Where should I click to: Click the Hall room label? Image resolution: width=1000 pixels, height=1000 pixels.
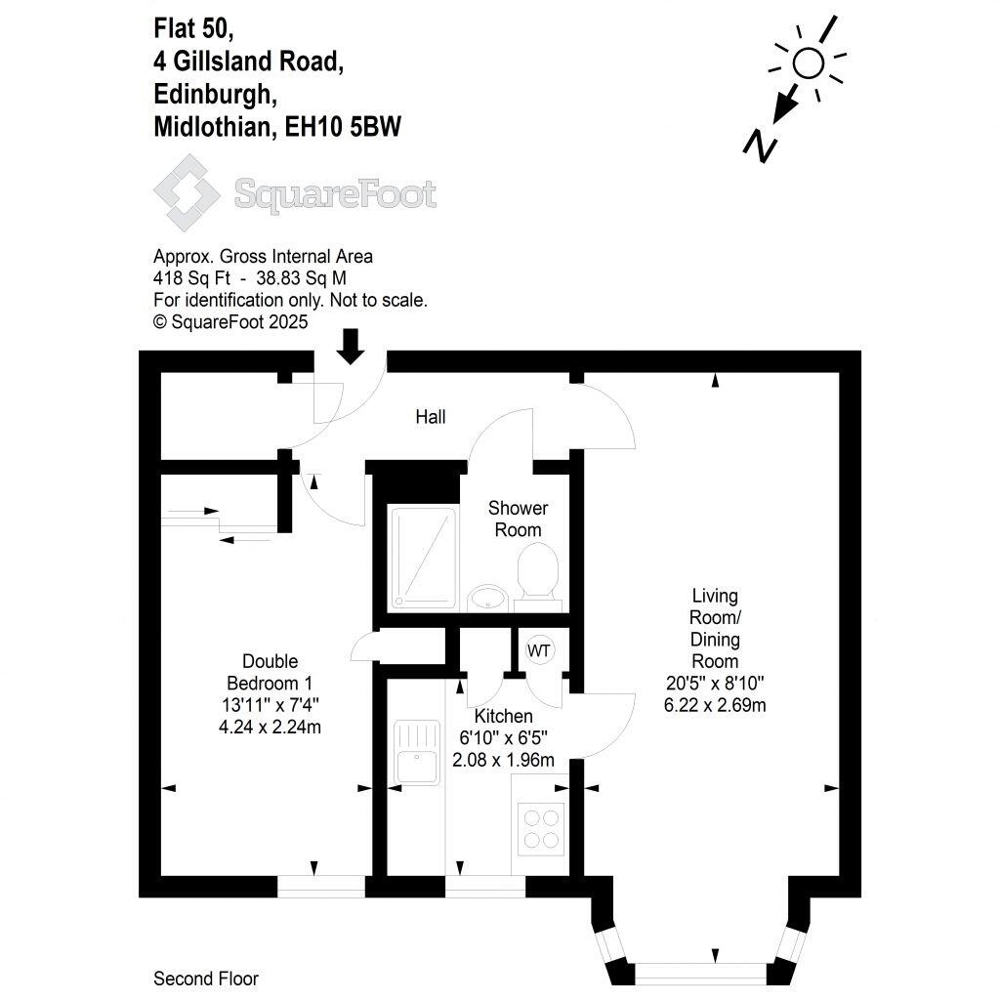pos(431,417)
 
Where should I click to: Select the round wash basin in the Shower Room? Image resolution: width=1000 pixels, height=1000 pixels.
pos(485,596)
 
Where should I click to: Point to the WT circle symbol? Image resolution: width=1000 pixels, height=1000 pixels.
pos(539,649)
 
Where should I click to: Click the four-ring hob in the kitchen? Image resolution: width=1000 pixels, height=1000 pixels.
pos(540,827)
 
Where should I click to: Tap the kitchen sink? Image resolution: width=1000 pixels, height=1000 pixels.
pos(418,753)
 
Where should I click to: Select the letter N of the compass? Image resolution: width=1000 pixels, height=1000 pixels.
pos(760,146)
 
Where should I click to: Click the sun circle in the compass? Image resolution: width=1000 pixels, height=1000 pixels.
pos(808,64)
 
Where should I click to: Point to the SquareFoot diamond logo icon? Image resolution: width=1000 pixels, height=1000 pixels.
pos(187,192)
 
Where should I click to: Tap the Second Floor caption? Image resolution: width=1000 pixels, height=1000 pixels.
pos(206,979)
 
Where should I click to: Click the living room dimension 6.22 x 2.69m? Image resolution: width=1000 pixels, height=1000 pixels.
pos(715,705)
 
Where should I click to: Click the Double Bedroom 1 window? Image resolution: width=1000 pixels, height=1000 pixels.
pos(321,886)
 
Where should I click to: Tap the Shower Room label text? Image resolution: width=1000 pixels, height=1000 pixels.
pos(518,519)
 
